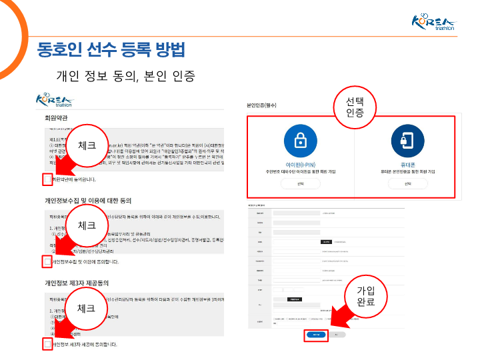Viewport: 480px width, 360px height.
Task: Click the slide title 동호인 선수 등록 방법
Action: pyautogui.click(x=111, y=49)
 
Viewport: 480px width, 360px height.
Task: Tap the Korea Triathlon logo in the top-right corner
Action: pyautogui.click(x=434, y=23)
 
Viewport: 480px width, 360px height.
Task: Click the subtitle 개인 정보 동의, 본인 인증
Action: pyautogui.click(x=126, y=75)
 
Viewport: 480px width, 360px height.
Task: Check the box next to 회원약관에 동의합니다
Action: pyautogui.click(x=47, y=179)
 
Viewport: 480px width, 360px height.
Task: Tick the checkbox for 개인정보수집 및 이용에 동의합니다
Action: pyautogui.click(x=47, y=262)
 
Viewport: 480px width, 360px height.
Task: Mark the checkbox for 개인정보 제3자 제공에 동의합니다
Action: pyautogui.click(x=47, y=344)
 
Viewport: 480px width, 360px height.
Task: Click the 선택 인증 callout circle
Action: pyautogui.click(x=355, y=107)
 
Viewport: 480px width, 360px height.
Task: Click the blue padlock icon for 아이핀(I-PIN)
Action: pyautogui.click(x=300, y=141)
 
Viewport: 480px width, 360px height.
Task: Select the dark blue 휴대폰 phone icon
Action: pyautogui.click(x=407, y=141)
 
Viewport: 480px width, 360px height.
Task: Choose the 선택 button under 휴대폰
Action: pyautogui.click(x=407, y=183)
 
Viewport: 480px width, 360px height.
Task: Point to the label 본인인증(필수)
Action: pyautogui.click(x=261, y=105)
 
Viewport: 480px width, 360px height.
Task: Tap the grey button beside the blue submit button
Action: pyautogui.click(x=337, y=334)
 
